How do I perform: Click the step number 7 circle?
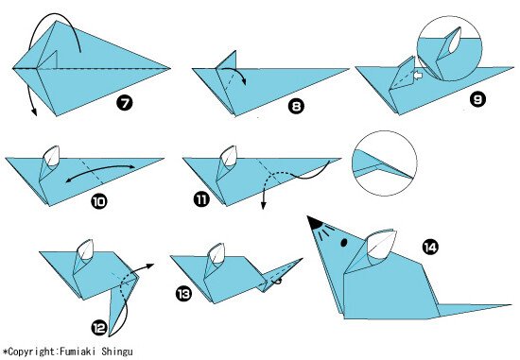coord(125,103)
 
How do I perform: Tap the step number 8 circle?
coord(296,107)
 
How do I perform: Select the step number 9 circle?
coord(477,99)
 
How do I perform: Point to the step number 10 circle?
coord(99,201)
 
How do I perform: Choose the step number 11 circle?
coord(201,198)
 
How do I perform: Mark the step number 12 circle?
coord(99,328)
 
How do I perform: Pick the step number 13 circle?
coord(183,294)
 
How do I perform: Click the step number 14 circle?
coord(430,247)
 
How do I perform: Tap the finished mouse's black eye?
coord(344,243)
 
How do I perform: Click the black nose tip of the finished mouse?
coord(313,221)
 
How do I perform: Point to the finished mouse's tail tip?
coord(511,305)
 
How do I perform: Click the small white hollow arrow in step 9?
coord(418,76)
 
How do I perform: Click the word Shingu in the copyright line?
coord(117,352)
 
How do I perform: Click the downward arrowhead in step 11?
coord(263,205)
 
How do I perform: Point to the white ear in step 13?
coord(217,254)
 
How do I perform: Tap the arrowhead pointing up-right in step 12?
coord(150,266)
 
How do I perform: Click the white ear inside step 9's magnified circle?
coord(455,41)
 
